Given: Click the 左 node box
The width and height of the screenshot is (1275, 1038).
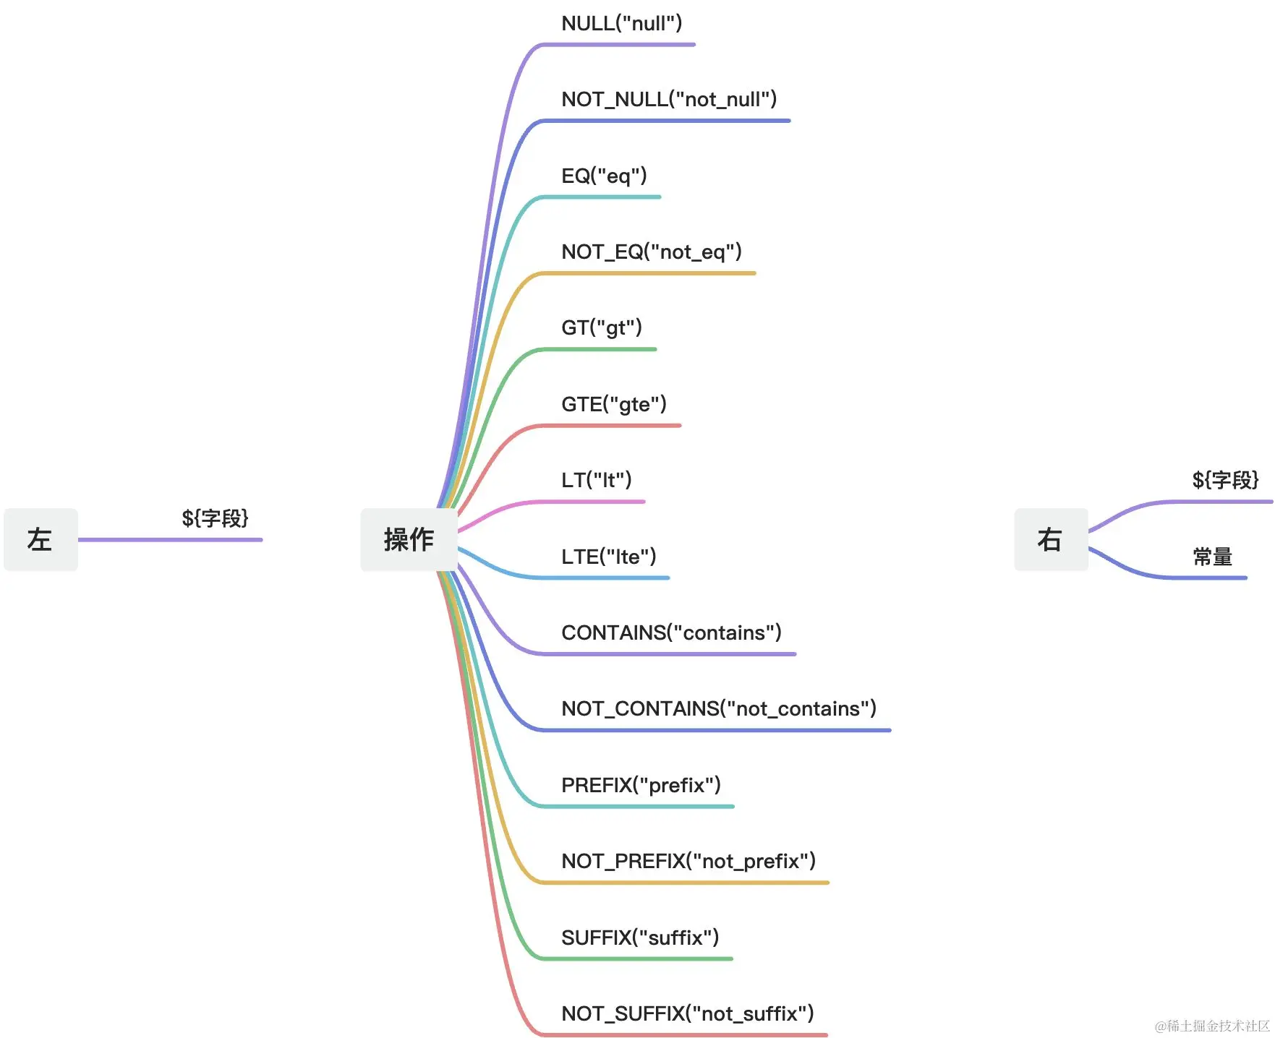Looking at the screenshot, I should coord(40,539).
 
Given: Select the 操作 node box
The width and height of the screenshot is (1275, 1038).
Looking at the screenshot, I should coord(409,539).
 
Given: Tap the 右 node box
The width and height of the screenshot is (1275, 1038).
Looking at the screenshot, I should coord(1050,539).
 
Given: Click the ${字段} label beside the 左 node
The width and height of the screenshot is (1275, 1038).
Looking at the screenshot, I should coord(215,518).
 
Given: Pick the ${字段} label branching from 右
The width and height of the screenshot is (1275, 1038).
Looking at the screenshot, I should coord(1225,480).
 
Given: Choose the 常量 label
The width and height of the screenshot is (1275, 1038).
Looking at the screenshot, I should coord(1212,557).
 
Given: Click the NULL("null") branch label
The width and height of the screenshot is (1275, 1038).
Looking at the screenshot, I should coord(621,24).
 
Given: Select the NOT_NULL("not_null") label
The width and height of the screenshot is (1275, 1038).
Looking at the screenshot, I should coord(669,99).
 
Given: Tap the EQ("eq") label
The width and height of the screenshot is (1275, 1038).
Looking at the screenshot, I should coord(604,176).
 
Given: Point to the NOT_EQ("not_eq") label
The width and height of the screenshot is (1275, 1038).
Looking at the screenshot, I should coord(652,252).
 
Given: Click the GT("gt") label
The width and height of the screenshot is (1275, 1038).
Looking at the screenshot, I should coord(602,327).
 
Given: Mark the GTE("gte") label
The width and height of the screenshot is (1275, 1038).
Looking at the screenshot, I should coord(614,404).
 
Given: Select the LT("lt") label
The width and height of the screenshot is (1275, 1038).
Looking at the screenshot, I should coord(597,480).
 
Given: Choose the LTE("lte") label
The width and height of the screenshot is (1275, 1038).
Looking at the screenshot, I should coord(609,557).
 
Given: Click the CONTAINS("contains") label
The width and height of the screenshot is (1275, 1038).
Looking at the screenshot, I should coord(671,632).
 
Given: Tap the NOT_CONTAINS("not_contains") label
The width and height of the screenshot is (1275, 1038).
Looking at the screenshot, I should coord(719,708).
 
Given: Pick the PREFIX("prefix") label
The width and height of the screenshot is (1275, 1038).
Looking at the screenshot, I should coord(641,785).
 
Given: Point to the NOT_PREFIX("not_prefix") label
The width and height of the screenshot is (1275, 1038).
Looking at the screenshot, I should coord(688,861).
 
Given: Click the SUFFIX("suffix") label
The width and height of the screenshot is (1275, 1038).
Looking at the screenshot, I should coord(640,938).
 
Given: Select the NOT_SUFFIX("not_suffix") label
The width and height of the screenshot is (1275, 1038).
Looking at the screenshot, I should coord(688,1013).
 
